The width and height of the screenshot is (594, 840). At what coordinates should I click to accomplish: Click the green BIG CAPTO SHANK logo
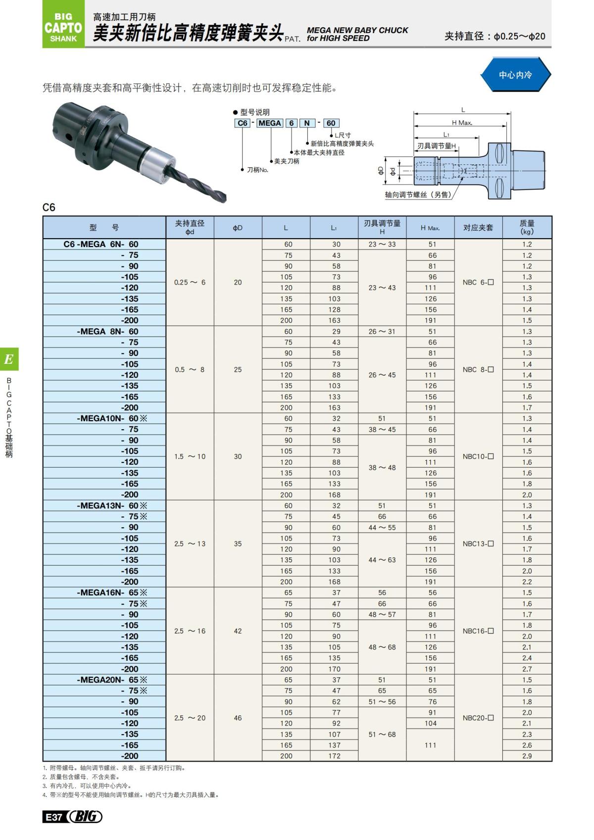63,25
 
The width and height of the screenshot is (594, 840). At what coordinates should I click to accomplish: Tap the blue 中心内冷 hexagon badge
515,75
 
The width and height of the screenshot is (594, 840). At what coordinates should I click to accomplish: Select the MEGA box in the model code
270,123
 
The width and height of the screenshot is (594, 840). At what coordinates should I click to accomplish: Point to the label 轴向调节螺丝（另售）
419,195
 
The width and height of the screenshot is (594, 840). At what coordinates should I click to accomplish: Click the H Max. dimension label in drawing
461,123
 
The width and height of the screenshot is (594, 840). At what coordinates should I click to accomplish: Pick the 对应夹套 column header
478,228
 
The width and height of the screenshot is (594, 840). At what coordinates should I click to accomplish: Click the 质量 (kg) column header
527,228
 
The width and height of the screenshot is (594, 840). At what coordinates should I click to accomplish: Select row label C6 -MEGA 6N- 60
101,244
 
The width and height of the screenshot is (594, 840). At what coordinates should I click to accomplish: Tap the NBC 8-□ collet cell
478,370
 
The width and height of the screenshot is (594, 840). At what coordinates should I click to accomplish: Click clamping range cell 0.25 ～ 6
190,283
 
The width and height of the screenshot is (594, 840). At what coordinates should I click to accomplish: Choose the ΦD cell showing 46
238,718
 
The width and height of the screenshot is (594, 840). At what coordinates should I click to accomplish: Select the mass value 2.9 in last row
527,756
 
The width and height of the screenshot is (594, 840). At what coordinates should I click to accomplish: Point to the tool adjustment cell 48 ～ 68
382,647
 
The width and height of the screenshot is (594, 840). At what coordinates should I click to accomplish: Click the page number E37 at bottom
53,817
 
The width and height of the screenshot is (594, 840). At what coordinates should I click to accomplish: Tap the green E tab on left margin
9,359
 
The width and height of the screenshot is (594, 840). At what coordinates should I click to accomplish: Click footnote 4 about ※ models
131,795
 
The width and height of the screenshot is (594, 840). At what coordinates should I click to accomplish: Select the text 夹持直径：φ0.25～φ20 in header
495,36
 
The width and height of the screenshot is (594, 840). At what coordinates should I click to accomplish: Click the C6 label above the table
49,207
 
